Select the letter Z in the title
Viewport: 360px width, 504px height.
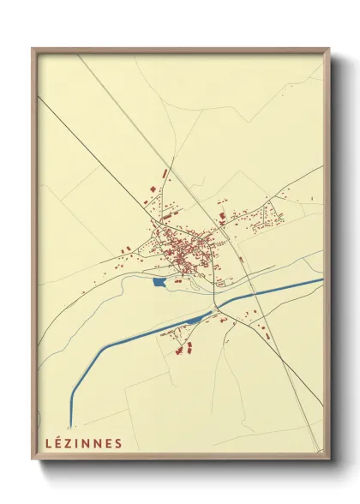pos(69,443)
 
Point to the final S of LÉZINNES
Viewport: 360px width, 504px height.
pos(118,443)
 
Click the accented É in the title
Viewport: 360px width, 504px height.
pos(58,442)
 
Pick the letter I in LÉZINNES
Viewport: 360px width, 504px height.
pos(79,443)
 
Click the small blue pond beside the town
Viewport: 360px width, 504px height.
pos(159,280)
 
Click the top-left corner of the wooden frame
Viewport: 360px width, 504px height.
pos(33,50)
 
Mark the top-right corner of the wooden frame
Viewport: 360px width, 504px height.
pos(328,50)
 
